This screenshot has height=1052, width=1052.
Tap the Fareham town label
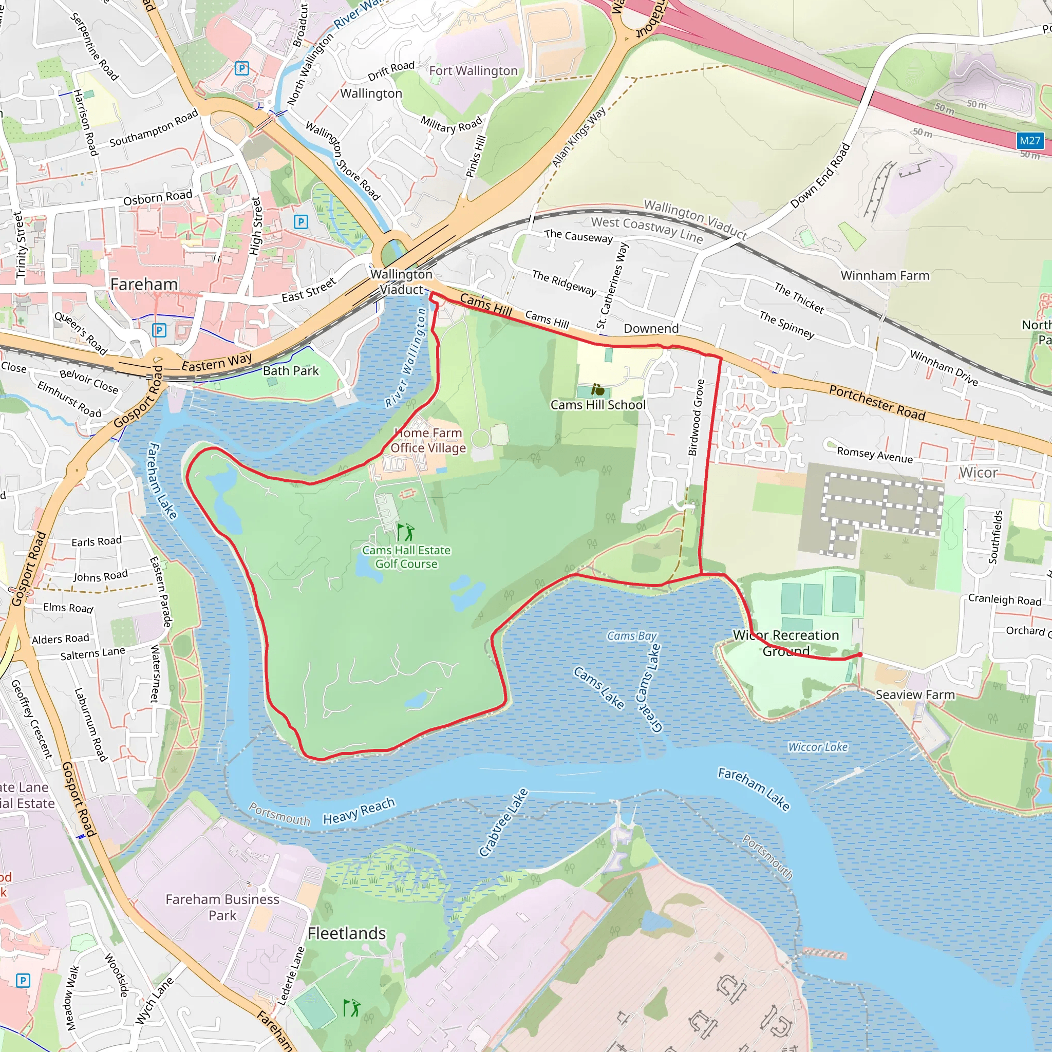[144, 284]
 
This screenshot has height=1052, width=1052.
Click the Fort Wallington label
[473, 71]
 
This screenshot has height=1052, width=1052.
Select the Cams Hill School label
[598, 405]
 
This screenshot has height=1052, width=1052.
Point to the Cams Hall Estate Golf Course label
[406, 557]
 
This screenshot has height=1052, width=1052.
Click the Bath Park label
[291, 371]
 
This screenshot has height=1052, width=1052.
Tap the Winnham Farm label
[885, 275]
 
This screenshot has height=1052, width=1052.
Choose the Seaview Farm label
[915, 695]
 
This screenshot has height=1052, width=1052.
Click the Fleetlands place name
[346, 933]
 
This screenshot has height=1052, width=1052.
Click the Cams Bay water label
[632, 636]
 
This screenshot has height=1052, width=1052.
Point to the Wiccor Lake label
[818, 747]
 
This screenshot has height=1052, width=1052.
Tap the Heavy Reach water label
[359, 811]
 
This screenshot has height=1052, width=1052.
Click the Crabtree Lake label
[504, 822]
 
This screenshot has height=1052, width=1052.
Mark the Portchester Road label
[877, 402]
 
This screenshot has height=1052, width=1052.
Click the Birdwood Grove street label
[697, 418]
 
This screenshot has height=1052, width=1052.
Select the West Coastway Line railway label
[647, 229]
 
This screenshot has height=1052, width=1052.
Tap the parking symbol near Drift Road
[242, 68]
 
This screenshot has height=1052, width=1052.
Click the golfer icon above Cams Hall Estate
[406, 532]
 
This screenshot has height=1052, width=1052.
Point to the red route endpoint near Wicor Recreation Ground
[859, 654]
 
